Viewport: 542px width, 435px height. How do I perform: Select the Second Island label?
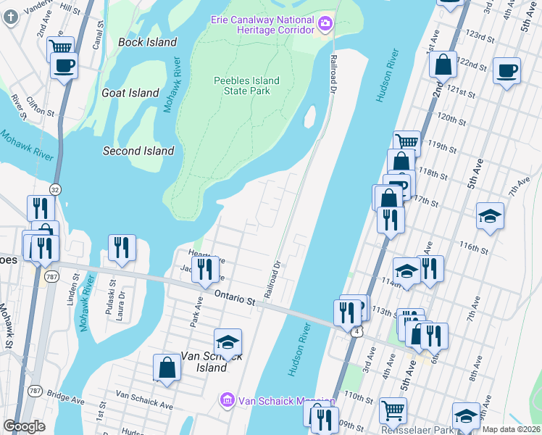pos(138,151)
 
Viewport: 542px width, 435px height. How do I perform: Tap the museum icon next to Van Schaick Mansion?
pos(228,399)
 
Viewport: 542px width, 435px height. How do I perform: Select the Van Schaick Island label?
pos(203,362)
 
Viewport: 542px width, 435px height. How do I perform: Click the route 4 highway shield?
pos(357,331)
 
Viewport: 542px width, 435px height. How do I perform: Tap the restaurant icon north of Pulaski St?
pos(122,247)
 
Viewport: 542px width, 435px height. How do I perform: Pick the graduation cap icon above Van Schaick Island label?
pos(228,341)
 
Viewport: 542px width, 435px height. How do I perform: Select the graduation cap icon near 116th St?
pos(490,215)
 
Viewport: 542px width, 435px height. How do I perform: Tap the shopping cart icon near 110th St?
pos(393,410)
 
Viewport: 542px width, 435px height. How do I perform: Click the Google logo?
pos(24,426)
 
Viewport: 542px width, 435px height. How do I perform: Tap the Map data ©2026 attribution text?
pos(511,429)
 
